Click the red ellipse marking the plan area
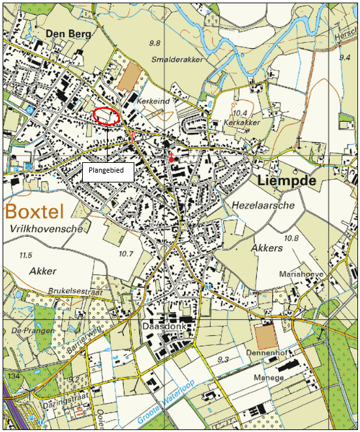pos(106,115)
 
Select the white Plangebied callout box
pos(108,172)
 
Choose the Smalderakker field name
pos(177,59)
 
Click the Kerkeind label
pos(153,102)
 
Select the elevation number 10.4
pos(240,113)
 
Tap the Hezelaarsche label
pos(263,205)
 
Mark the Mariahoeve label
pos(301,275)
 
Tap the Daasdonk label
pos(162,324)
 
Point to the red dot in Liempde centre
pos(172,158)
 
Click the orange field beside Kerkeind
pos(130,76)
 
